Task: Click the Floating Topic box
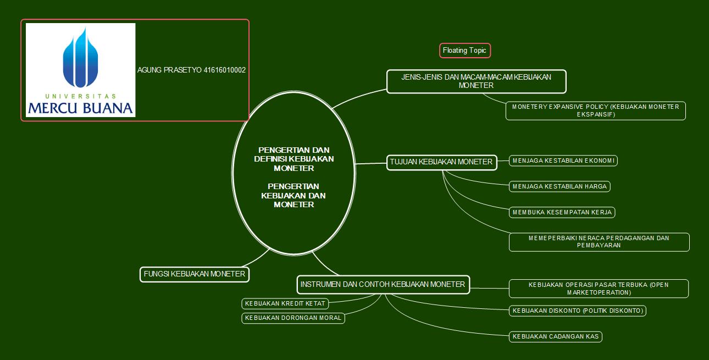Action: click(464, 51)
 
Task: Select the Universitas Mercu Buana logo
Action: click(80, 70)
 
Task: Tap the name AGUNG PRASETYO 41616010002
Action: click(191, 70)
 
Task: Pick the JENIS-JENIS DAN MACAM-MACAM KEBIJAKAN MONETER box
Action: click(476, 81)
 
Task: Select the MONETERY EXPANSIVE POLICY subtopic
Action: click(595, 110)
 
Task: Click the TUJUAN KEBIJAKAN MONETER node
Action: click(441, 162)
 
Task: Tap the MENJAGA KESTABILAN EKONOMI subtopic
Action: click(563, 160)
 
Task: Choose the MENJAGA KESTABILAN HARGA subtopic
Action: click(560, 186)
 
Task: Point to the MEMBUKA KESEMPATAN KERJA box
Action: click(562, 212)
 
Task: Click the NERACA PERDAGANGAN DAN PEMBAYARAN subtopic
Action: click(599, 242)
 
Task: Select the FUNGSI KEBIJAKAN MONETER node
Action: click(195, 274)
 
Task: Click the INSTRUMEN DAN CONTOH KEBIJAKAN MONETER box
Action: click(383, 284)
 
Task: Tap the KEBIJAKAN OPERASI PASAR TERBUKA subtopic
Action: click(599, 289)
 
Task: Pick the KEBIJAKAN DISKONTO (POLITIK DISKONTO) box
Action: click(577, 311)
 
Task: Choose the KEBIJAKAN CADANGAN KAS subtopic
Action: click(556, 336)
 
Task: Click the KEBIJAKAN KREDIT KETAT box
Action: click(285, 303)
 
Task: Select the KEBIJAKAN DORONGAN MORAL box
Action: click(293, 318)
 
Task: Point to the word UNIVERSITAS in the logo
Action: click(80, 96)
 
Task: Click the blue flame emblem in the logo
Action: click(81, 58)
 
